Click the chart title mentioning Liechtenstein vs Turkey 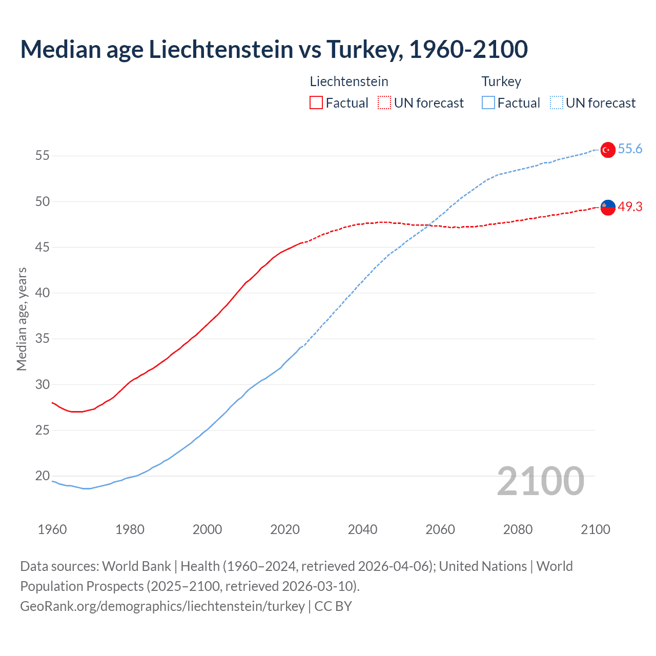coord(274,49)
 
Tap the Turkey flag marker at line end coord(607,150)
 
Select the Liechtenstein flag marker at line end coord(607,207)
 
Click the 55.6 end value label coord(630,149)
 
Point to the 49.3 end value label coord(630,207)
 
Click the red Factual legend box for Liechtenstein coord(316,103)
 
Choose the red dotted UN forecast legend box coord(384,103)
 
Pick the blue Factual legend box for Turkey coord(488,103)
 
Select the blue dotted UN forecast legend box coord(556,103)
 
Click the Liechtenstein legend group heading coord(349,81)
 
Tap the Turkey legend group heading coord(501,81)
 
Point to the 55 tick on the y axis coord(43,156)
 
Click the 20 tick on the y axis coord(43,476)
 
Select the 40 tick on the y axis coord(43,293)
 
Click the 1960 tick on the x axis coord(52,529)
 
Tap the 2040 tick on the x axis coord(362,529)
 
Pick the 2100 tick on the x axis coord(595,529)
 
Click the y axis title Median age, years coord(22,319)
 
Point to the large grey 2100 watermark coord(540,481)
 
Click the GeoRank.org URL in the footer coord(162,606)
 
